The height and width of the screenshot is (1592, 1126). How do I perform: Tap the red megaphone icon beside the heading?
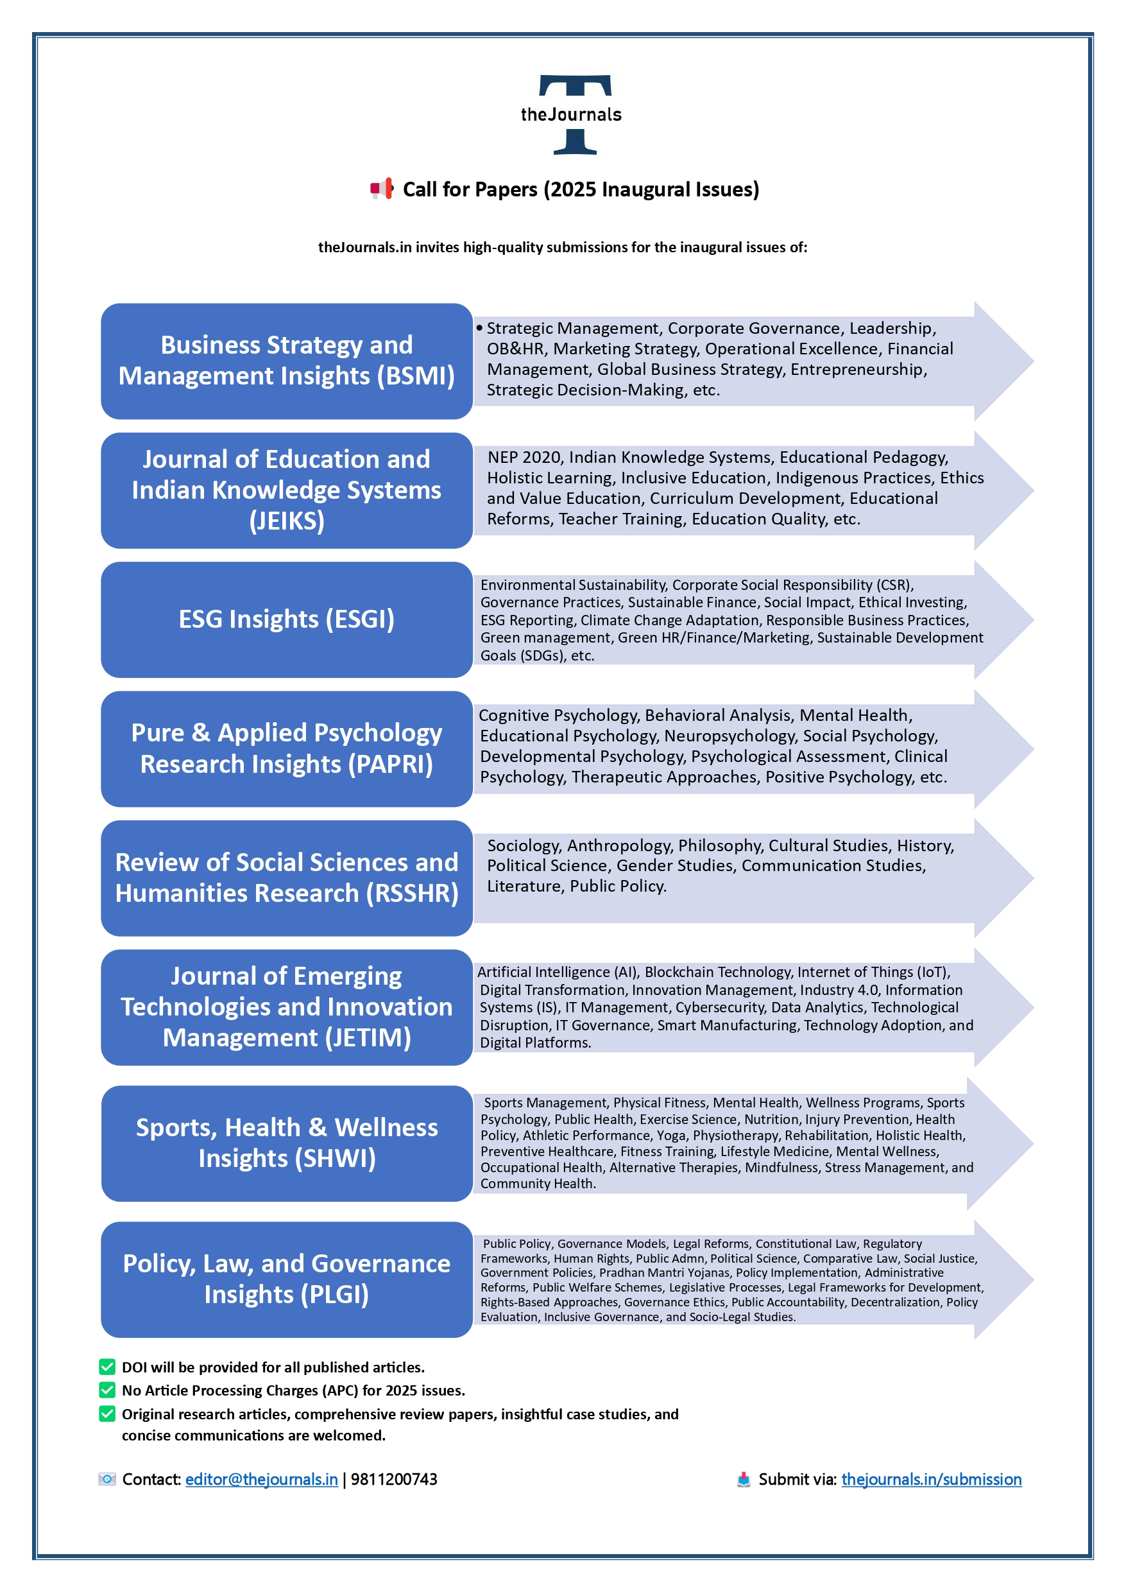(x=381, y=189)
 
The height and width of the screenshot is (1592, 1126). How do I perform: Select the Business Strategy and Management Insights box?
(x=286, y=361)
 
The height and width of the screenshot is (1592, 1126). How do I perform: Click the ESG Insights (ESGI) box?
(x=286, y=619)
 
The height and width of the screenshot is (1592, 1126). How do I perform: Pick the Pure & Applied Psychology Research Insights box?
(x=286, y=748)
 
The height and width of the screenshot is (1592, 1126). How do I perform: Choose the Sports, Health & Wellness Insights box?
(x=286, y=1143)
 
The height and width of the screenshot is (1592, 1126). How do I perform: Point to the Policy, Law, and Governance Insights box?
(x=286, y=1279)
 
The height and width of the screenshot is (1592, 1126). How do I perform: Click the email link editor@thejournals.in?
(x=261, y=1479)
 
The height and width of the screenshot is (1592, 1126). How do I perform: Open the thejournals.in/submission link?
(x=931, y=1479)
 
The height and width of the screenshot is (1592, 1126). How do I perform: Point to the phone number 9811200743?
(x=394, y=1479)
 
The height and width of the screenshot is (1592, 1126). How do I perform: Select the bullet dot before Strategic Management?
(x=479, y=327)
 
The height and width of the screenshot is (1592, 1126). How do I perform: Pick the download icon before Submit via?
(x=743, y=1479)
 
